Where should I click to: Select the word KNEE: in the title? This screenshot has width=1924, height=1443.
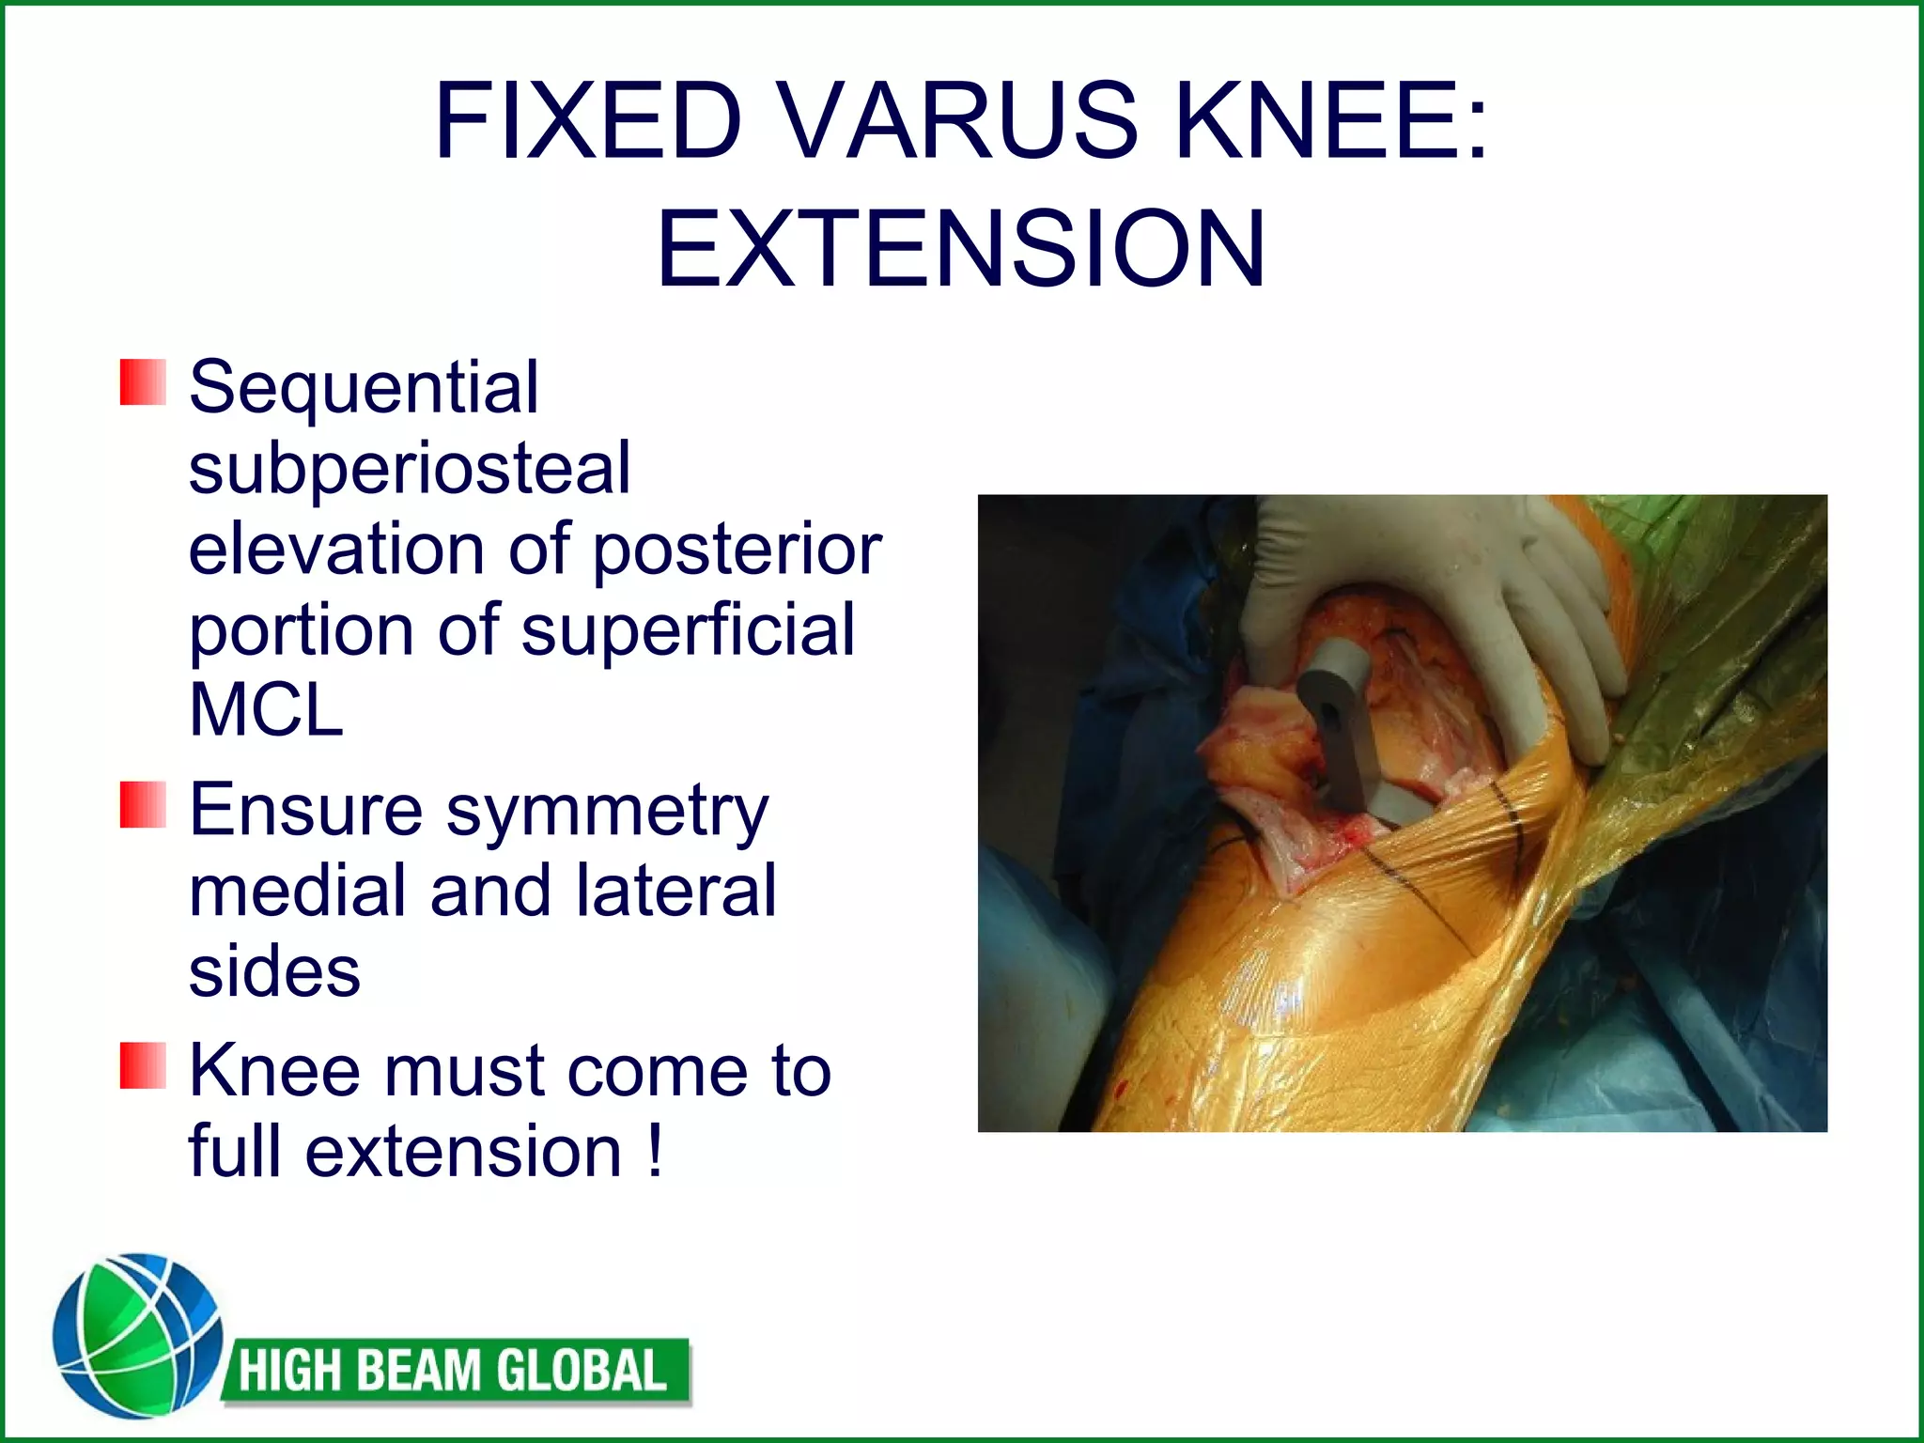pyautogui.click(x=1331, y=122)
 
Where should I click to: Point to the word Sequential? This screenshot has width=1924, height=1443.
pyautogui.click(x=364, y=387)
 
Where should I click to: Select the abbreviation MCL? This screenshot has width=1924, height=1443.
pyautogui.click(x=266, y=710)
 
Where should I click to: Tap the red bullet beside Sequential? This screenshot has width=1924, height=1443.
pyautogui.click(x=143, y=382)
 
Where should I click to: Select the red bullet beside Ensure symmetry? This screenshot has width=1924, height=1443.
pyautogui.click(x=143, y=805)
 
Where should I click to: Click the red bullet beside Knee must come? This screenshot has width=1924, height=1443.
pyautogui.click(x=143, y=1065)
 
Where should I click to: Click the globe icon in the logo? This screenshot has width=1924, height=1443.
pyautogui.click(x=137, y=1335)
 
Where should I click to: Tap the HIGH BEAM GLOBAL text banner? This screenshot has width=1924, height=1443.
pyautogui.click(x=455, y=1371)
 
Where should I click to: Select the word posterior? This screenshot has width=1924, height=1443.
pyautogui.click(x=737, y=550)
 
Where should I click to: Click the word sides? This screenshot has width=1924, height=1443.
pyautogui.click(x=274, y=971)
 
